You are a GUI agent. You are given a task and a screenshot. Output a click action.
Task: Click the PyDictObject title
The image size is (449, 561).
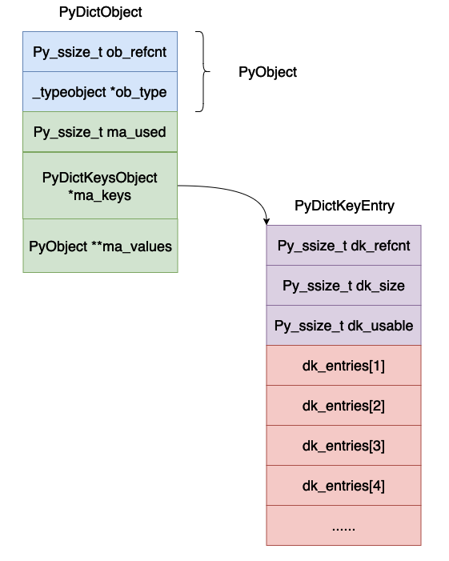[101, 13]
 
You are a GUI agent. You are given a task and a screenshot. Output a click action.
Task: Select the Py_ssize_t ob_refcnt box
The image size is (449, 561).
[100, 51]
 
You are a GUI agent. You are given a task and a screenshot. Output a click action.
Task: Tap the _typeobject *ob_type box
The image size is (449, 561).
[100, 92]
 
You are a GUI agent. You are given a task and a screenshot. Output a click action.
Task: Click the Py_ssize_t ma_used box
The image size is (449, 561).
[100, 131]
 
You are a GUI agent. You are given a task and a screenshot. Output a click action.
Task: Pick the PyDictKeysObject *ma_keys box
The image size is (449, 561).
[100, 186]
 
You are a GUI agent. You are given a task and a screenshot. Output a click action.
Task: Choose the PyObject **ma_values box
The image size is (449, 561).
[100, 246]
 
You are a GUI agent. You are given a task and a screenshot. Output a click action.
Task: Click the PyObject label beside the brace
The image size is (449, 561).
[267, 72]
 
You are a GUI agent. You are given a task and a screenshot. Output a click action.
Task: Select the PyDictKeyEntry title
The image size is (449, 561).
[344, 206]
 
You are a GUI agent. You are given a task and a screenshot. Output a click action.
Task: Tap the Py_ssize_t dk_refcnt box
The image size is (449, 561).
[343, 246]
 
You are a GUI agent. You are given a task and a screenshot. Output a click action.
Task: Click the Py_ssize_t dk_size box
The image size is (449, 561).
[343, 286]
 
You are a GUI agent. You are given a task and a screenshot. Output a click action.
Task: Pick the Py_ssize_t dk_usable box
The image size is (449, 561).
[343, 326]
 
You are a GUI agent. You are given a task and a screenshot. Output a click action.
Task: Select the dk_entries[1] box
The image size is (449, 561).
[343, 366]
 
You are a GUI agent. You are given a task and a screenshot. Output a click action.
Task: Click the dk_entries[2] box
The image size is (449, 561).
[343, 406]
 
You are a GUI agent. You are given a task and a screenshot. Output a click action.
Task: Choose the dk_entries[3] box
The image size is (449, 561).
[343, 446]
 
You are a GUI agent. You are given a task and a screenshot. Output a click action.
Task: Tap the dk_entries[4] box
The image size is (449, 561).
[343, 486]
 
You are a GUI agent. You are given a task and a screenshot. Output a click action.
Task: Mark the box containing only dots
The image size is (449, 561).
[343, 526]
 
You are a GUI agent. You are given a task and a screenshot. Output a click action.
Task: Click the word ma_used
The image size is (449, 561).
[138, 131]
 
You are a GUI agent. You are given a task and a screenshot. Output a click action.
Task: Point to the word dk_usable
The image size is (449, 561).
[382, 326]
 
